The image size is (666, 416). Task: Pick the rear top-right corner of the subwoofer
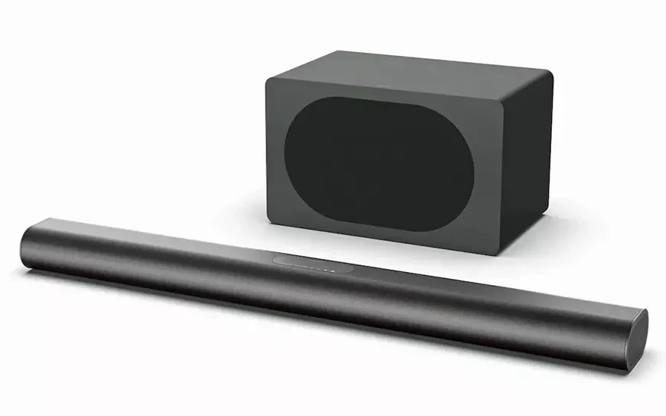[549, 73]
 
